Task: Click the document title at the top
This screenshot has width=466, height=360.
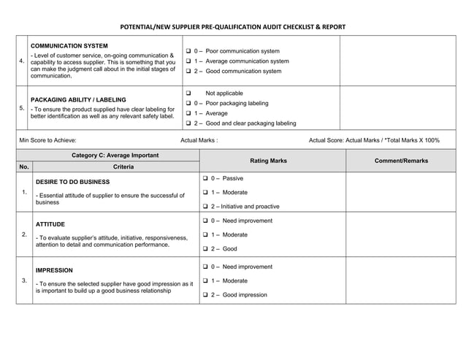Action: (232, 27)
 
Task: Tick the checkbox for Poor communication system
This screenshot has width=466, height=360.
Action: (188, 51)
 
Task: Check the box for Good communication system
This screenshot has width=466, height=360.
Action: (188, 72)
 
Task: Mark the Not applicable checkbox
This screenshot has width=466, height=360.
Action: (188, 93)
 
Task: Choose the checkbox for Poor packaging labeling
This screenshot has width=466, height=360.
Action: (188, 104)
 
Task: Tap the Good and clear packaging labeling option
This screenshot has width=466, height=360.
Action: (188, 123)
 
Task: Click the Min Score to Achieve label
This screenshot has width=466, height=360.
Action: (48, 140)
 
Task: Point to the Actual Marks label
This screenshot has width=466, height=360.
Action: (199, 140)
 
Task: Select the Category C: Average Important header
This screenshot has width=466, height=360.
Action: (115, 156)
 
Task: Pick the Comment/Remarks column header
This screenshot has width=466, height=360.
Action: (401, 161)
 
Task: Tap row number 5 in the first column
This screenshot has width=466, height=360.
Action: (23, 108)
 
